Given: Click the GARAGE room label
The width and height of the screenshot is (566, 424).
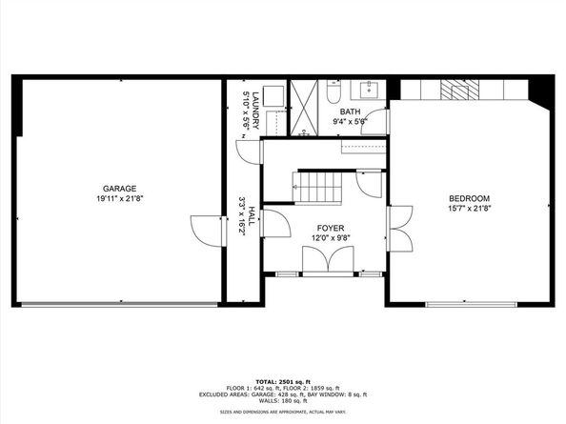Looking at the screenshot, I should (x=121, y=189).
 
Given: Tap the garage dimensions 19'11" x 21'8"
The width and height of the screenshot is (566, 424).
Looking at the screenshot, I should (x=121, y=199).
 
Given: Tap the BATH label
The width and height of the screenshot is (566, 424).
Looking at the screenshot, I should (x=350, y=111).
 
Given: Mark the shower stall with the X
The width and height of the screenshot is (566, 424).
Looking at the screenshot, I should (x=306, y=108).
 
